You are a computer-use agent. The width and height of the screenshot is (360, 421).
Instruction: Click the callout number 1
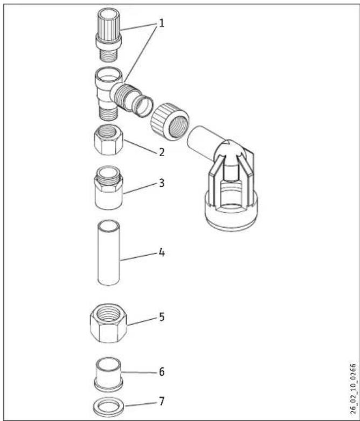[161, 23]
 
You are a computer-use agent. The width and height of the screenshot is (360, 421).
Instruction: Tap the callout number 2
[161, 152]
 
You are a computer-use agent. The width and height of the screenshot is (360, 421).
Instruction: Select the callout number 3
[161, 183]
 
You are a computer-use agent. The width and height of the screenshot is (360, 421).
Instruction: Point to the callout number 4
[161, 252]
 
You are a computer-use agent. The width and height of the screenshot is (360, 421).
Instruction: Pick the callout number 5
[161, 317]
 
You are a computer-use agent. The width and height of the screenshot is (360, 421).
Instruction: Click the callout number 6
[161, 372]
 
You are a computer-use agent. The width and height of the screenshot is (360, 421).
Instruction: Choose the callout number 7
[161, 402]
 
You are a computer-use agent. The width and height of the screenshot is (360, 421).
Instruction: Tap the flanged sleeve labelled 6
[109, 373]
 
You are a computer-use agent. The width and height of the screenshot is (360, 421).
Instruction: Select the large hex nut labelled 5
[109, 323]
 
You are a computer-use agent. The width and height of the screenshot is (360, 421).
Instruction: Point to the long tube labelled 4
[108, 252]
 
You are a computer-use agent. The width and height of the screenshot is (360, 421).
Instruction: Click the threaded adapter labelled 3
[109, 187]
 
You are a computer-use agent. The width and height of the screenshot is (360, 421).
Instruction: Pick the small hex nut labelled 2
[109, 140]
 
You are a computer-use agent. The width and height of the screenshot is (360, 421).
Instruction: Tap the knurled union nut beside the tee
[170, 121]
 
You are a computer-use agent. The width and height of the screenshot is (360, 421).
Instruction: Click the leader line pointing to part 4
[139, 256]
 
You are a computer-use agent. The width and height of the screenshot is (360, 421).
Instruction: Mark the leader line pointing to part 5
[142, 321]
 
